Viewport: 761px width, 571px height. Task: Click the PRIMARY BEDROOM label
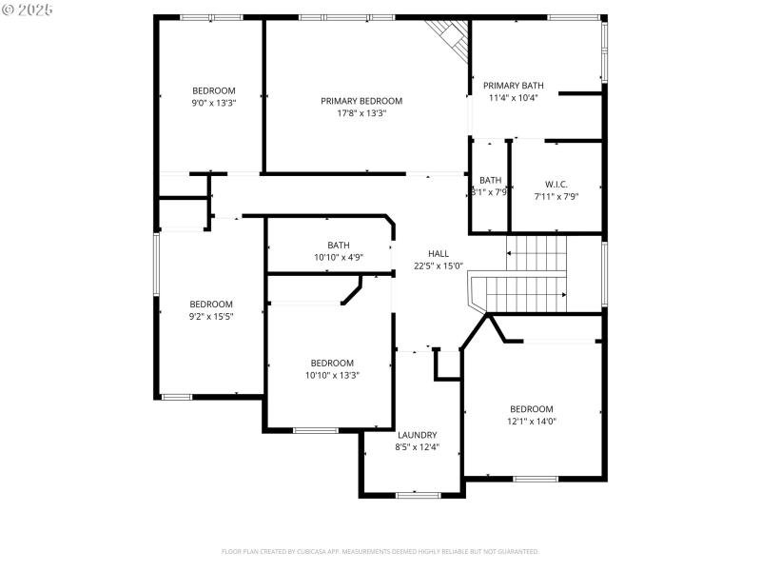click(361, 101)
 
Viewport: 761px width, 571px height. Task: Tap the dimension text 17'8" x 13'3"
click(361, 113)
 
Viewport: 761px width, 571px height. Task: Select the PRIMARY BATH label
click(513, 85)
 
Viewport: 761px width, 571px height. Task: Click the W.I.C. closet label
click(556, 184)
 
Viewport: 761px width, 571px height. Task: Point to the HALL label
click(439, 253)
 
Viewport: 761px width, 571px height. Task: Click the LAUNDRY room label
click(417, 434)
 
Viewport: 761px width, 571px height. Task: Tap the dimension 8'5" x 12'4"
click(417, 446)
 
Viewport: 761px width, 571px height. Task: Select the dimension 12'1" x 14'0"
click(531, 422)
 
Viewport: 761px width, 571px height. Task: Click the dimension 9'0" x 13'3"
click(214, 103)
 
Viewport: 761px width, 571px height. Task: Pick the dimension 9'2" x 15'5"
click(211, 316)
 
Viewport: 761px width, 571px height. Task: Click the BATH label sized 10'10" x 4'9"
click(339, 245)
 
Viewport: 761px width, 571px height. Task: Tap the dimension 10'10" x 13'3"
click(332, 375)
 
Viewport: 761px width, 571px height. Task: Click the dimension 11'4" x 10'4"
click(513, 97)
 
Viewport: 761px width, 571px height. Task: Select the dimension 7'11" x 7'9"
click(556, 196)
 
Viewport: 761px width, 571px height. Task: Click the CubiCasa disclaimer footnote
click(380, 551)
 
